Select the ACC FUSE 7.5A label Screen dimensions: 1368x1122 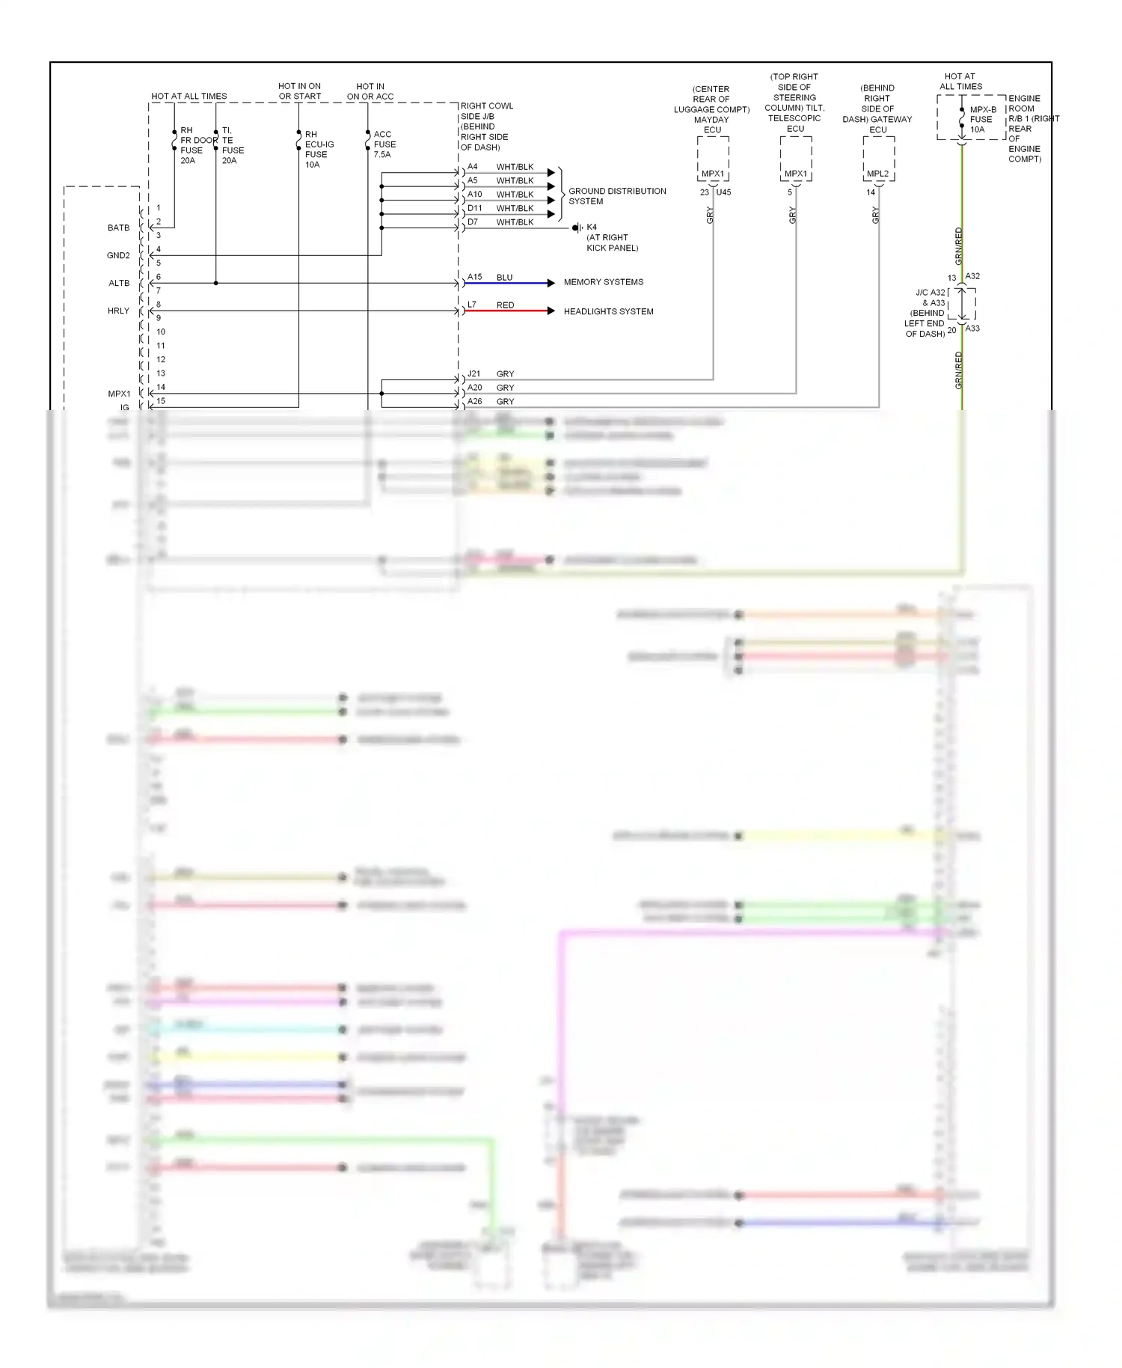point(384,144)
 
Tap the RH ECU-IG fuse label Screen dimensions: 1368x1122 point(319,150)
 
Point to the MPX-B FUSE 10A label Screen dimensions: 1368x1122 point(982,120)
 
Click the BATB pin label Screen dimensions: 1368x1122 point(118,228)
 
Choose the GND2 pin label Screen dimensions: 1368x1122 point(118,255)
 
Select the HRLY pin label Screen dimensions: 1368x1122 point(118,311)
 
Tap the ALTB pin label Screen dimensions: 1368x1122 point(119,283)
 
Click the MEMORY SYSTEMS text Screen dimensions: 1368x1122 point(603,282)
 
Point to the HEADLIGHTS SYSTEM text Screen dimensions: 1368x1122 point(608,311)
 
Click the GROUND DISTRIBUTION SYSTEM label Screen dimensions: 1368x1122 point(616,196)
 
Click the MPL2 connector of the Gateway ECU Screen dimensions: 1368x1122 point(877,174)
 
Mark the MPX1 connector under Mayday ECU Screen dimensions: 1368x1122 point(712,174)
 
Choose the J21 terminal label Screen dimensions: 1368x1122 point(474,373)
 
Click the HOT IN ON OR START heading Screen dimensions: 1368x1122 point(299,91)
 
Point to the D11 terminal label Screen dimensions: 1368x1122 point(475,208)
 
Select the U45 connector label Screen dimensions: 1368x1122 point(723,192)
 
